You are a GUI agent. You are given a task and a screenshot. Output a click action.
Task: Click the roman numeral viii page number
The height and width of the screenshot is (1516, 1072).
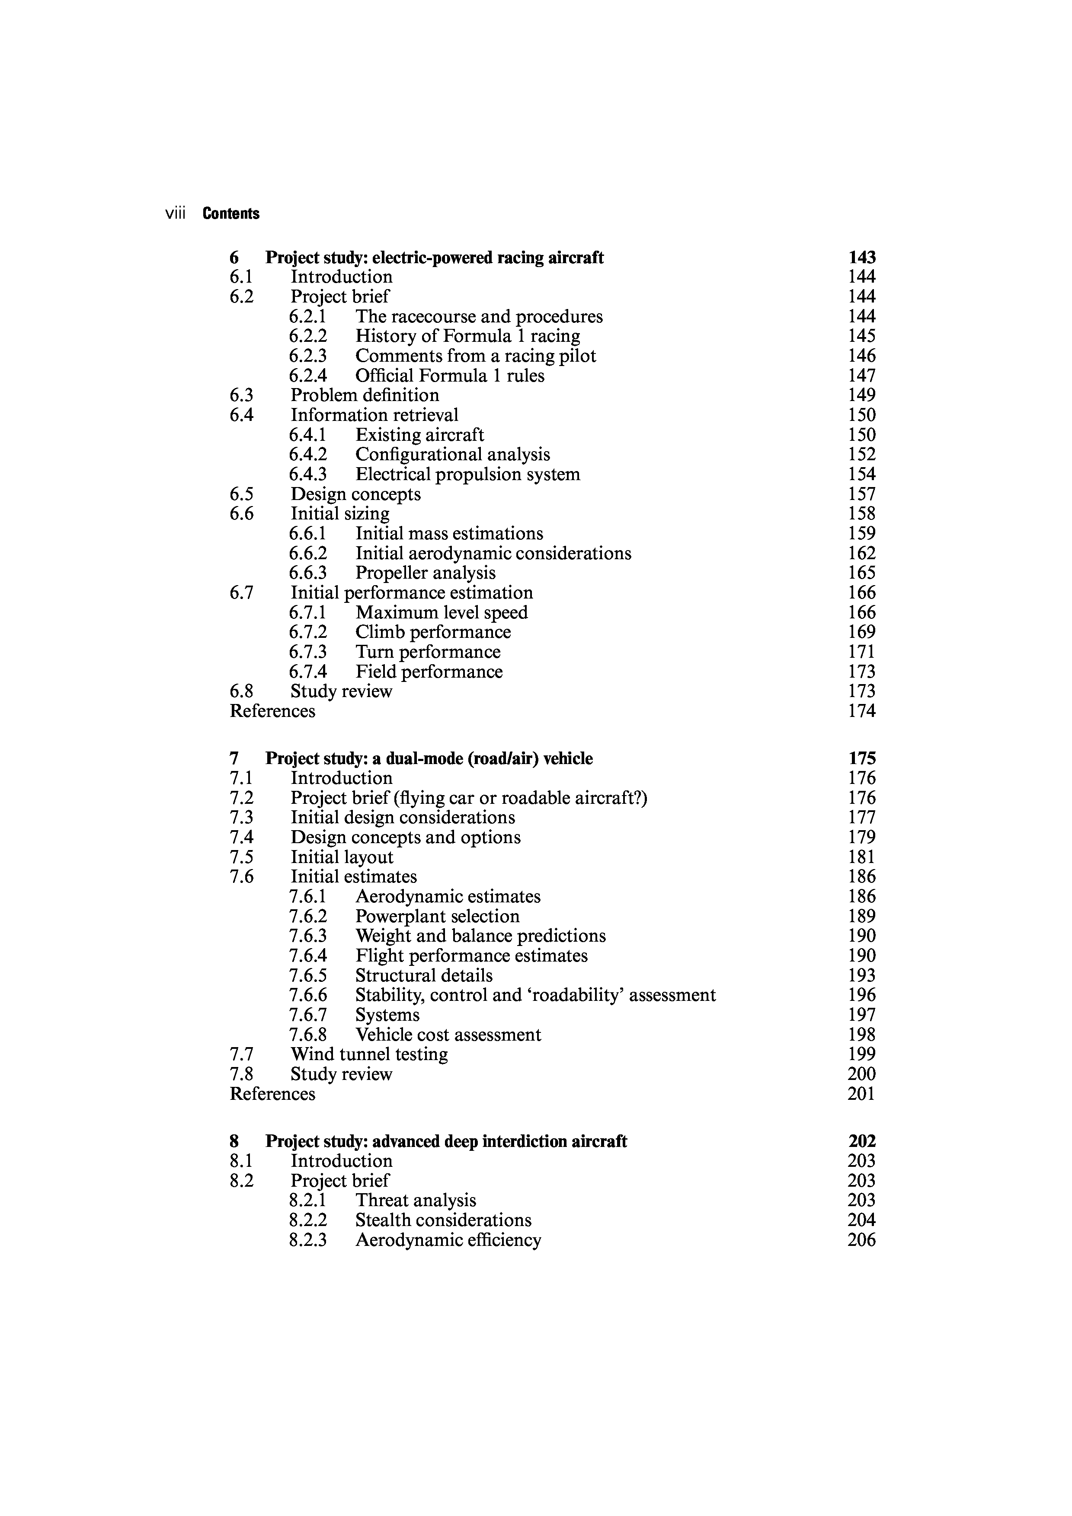tap(175, 213)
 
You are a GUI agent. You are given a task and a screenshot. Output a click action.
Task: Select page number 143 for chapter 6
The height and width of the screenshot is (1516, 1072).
tap(861, 258)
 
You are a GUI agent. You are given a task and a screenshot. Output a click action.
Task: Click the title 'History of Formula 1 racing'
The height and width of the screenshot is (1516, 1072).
tap(467, 336)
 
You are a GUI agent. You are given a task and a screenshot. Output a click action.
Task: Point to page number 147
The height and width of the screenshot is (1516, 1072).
tap(861, 376)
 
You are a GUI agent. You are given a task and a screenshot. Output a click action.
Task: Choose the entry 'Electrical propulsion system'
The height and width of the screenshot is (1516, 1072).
tap(467, 474)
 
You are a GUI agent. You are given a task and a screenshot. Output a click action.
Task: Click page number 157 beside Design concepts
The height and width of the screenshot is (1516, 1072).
tap(861, 494)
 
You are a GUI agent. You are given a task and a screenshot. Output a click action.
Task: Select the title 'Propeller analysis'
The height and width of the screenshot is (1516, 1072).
tap(426, 573)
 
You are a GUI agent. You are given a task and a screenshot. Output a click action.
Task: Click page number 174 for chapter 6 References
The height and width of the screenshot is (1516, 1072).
tap(861, 711)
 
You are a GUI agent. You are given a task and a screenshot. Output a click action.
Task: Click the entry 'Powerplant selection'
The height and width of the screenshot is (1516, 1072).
tap(437, 917)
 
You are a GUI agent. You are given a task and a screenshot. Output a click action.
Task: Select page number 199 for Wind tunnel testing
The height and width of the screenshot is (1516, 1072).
tap(861, 1054)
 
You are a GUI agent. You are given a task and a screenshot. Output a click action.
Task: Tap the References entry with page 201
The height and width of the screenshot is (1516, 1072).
tap(272, 1094)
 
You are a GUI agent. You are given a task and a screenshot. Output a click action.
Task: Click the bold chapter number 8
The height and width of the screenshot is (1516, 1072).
tap(234, 1142)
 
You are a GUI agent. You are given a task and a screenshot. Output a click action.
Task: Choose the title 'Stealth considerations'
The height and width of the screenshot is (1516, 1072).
tap(443, 1220)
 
